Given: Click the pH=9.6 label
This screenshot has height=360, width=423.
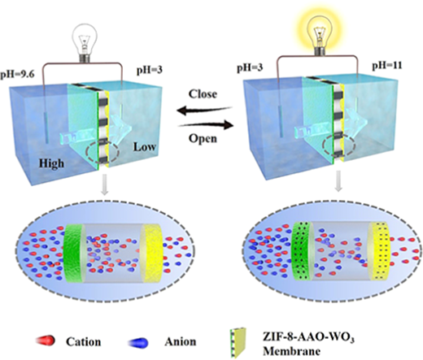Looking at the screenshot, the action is tap(17, 74).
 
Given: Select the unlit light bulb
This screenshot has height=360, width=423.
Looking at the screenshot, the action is tap(84, 42).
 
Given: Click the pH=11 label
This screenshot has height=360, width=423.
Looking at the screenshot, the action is tap(387, 66).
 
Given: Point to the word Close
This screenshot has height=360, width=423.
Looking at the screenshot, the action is tap(203, 93).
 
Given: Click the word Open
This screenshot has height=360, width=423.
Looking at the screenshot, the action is tap(203, 138).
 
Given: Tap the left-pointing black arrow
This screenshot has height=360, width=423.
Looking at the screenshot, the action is tap(204, 110).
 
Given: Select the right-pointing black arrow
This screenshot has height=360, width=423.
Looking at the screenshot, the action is tap(206, 125).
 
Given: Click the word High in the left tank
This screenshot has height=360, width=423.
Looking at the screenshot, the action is tap(52, 163).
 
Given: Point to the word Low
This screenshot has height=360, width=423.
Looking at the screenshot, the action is tap(145, 147).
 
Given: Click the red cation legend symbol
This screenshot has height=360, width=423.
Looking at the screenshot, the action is tap(46, 340).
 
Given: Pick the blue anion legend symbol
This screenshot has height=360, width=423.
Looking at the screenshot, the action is tap(139, 343).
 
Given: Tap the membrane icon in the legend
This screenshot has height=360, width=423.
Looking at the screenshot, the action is tap(238, 342).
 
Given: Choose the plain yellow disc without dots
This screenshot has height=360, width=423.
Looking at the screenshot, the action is tap(153, 254).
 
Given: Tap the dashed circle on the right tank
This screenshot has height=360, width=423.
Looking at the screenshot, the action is tap(338, 146).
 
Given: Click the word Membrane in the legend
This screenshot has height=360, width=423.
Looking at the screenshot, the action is tap(291, 351).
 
